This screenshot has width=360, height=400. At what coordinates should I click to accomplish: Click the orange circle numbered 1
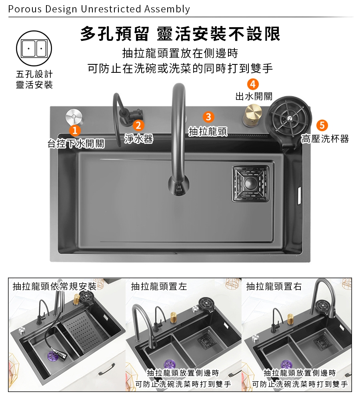tap(75, 131)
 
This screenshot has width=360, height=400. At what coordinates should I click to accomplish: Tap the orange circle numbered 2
tap(138, 125)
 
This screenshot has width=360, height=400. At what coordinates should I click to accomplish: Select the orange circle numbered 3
tap(208, 117)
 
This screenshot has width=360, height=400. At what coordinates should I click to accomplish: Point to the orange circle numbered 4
tap(253, 84)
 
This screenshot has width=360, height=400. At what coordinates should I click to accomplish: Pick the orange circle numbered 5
tap(322, 125)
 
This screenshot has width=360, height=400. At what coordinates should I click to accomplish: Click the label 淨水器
tap(138, 139)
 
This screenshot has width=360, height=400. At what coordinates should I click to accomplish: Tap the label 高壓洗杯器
tap(325, 139)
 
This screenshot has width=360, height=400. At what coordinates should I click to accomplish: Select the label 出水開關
tap(254, 96)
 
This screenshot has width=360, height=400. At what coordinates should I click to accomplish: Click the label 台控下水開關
tap(76, 144)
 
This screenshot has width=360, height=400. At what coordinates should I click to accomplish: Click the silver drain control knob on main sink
tap(74, 117)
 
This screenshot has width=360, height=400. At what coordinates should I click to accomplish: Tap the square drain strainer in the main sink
tap(250, 184)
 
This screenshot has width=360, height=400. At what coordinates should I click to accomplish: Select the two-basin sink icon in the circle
tap(34, 48)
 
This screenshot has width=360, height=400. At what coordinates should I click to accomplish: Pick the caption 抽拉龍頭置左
tap(159, 286)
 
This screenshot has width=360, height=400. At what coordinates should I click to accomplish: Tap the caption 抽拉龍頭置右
tap(274, 286)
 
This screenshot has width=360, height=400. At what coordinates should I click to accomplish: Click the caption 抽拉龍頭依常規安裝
tap(54, 286)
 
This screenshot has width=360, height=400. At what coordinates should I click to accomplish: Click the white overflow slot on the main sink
tap(299, 196)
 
